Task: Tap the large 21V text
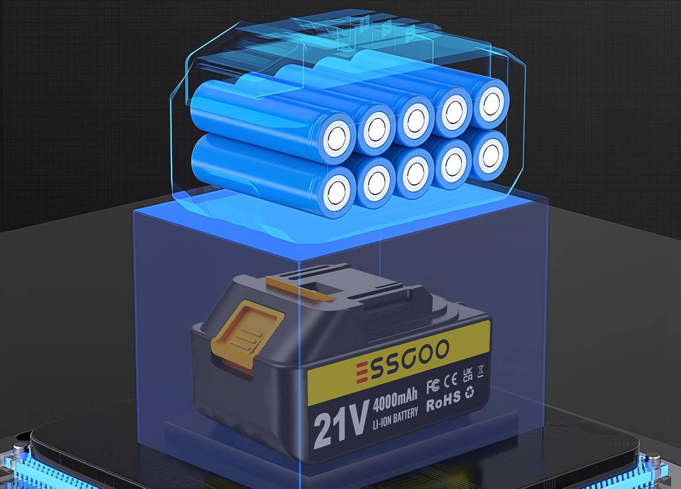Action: [x=341, y=423]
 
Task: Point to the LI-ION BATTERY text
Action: [x=395, y=418]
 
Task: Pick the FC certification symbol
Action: [x=433, y=386]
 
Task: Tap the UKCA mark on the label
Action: [x=468, y=375]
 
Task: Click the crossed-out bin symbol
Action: [x=480, y=370]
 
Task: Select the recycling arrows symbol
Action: [x=469, y=393]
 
